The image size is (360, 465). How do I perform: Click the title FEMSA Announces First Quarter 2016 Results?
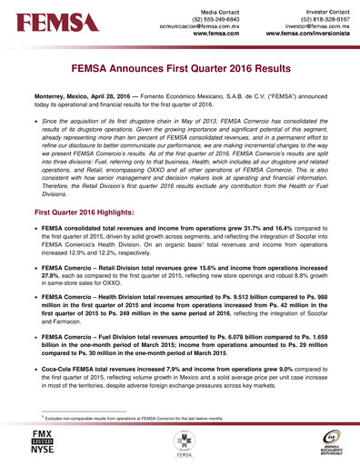coord(180,68)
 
